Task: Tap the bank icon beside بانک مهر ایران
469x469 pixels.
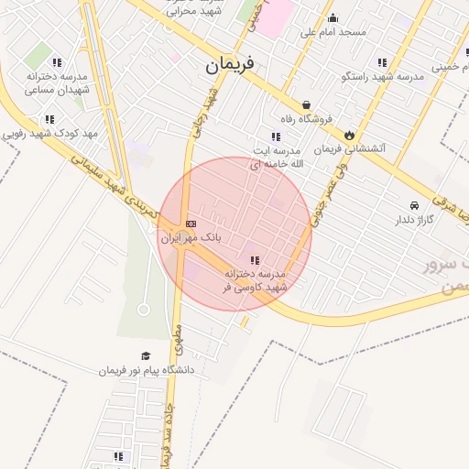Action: pos(191,224)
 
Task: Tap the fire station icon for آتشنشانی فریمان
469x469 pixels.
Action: pos(348,134)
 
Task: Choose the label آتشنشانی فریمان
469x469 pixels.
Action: pos(351,147)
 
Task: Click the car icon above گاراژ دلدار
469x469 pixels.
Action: pos(415,205)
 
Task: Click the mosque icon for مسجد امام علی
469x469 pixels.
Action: pos(333,17)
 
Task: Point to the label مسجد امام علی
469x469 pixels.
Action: pos(333,32)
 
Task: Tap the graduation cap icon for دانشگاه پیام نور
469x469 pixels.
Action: pos(145,356)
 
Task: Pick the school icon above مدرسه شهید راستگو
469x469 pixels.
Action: pos(381,63)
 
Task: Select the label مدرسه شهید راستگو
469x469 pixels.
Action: pos(382,77)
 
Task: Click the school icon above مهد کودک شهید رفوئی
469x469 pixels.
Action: pos(49,119)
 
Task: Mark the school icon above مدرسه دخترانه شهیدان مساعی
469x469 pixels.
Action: pos(57,63)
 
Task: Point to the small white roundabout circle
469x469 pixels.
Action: pos(144,310)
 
